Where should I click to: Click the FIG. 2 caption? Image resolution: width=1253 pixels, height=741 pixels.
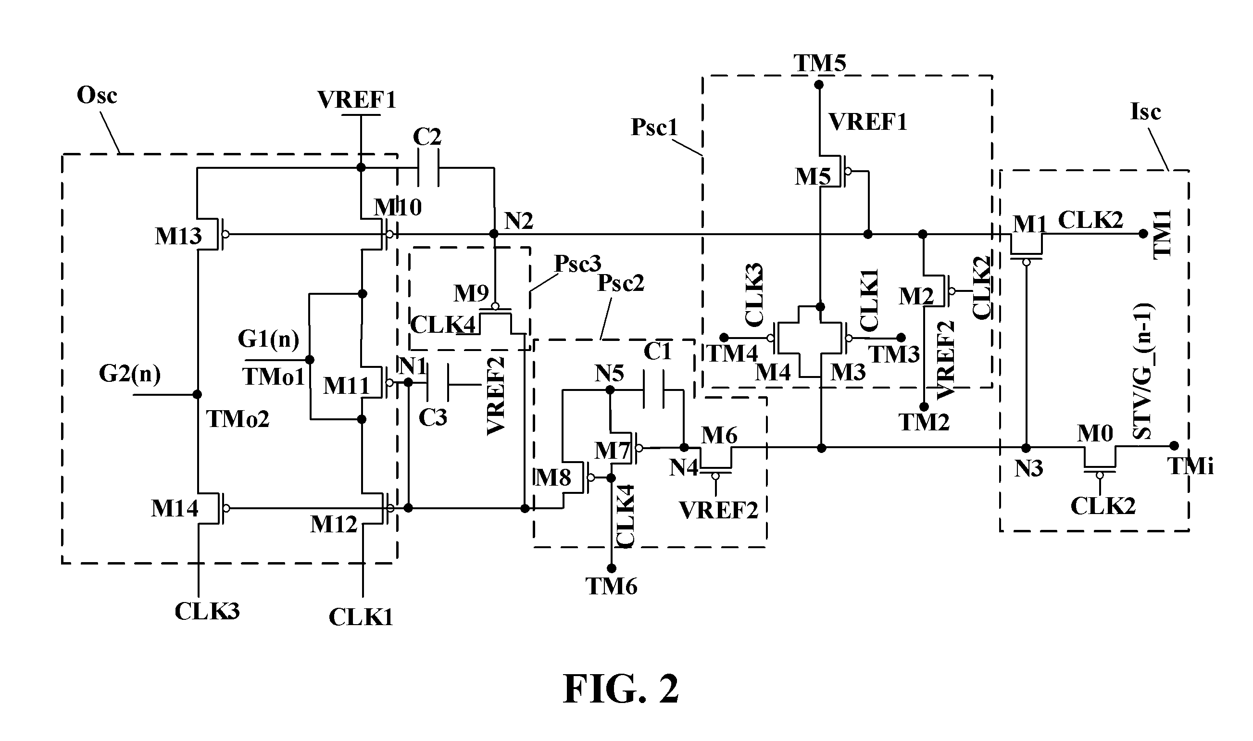(x=621, y=689)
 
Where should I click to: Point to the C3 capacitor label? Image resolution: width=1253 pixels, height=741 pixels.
(x=432, y=417)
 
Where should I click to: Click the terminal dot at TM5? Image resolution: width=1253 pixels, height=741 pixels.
(x=819, y=85)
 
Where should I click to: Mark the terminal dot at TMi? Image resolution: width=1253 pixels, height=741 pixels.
(x=1174, y=445)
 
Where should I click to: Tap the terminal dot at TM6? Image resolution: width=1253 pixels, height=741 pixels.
(x=612, y=568)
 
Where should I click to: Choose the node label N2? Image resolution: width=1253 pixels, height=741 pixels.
(x=519, y=220)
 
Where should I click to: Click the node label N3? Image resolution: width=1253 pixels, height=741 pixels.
(x=1029, y=468)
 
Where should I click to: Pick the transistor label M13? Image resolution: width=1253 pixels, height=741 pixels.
(x=178, y=236)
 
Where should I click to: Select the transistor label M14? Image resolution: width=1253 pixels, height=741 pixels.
(x=175, y=508)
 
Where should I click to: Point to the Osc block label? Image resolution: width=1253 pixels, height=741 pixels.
(x=97, y=95)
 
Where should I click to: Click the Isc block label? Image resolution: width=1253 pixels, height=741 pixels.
(x=1145, y=112)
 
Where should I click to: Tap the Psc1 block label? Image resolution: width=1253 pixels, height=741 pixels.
(x=654, y=127)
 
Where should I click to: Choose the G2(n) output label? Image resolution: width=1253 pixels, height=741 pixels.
(x=130, y=374)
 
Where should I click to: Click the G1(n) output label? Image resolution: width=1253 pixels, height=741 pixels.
(x=269, y=339)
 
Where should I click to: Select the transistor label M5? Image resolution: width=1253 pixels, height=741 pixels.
(x=813, y=176)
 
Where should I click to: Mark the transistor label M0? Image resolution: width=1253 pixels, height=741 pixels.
(x=1095, y=433)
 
